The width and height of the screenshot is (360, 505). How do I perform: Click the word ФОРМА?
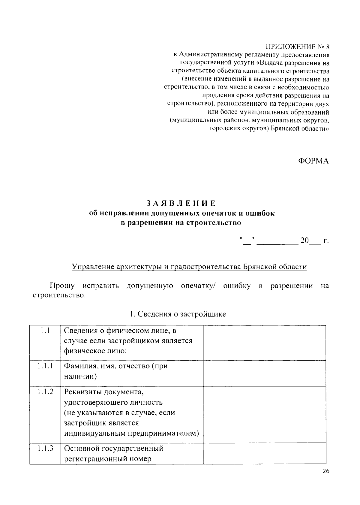tap(313, 161)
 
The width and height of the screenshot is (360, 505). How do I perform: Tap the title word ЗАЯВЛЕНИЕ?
tap(181, 203)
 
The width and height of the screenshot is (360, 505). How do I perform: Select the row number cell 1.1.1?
tap(45, 366)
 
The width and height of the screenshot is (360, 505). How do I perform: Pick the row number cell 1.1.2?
tap(45, 392)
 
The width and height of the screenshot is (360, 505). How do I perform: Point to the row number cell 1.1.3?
tap(45, 448)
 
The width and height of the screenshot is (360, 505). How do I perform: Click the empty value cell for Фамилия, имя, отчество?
tap(264, 373)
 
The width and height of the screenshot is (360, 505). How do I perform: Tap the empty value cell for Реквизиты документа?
tap(264, 414)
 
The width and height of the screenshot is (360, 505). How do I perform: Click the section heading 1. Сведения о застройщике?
tap(178, 314)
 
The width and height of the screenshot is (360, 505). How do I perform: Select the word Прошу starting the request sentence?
tap(62, 286)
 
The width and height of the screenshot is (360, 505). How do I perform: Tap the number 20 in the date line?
tap(304, 241)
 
